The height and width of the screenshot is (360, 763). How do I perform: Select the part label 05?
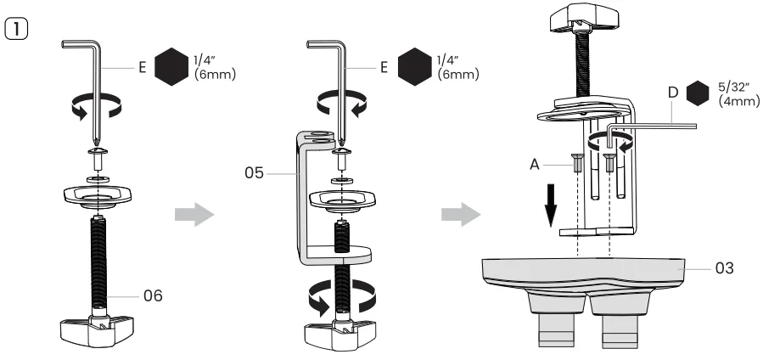coord(251,173)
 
